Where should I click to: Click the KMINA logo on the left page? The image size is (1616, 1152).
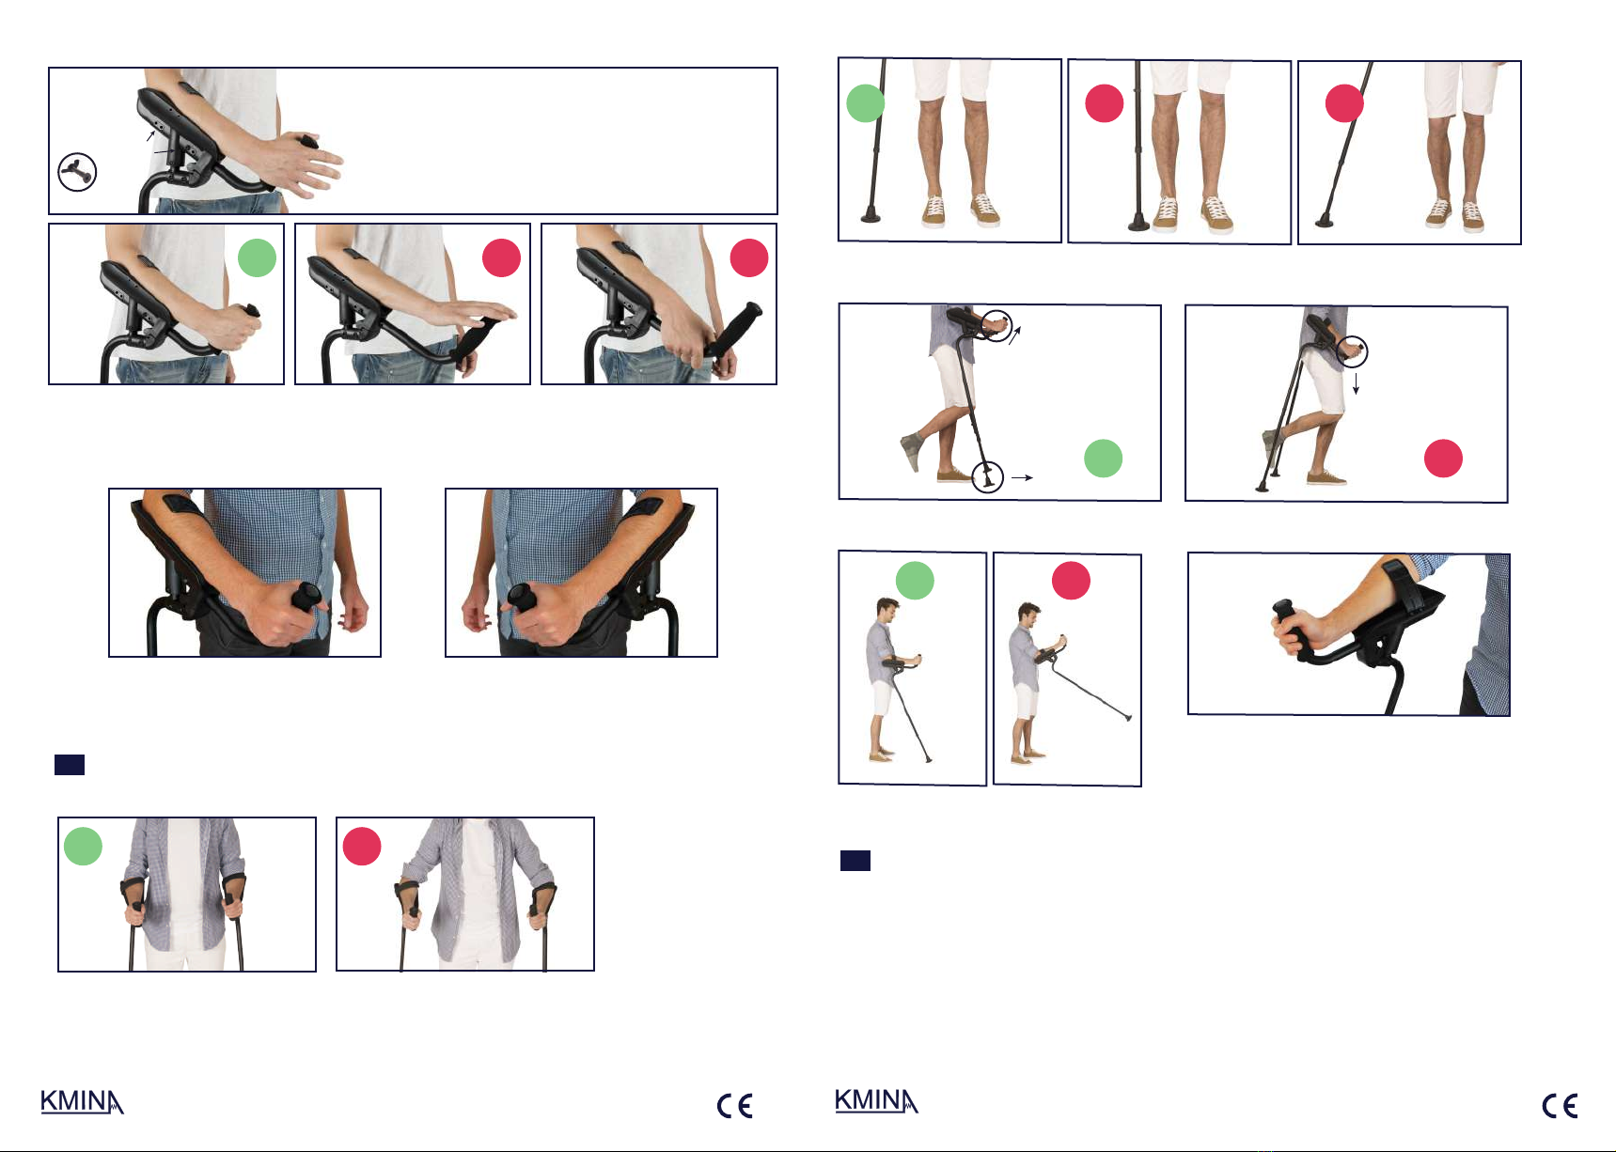(82, 1102)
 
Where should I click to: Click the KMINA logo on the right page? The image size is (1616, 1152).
(876, 1101)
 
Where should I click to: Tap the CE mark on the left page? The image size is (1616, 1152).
(734, 1106)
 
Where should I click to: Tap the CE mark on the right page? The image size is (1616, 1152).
(1560, 1106)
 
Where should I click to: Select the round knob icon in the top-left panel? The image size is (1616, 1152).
(77, 172)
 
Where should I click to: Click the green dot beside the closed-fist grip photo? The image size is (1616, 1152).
(257, 257)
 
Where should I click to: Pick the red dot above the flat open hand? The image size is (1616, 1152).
(501, 257)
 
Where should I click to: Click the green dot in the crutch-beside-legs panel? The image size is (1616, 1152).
(866, 103)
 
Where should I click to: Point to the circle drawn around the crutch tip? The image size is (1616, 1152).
(987, 475)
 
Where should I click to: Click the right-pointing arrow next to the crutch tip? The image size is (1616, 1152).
(1022, 477)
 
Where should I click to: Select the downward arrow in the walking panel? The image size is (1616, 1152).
(1356, 382)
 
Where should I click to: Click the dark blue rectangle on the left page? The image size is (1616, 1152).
(70, 764)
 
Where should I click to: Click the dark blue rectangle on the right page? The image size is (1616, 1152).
(855, 860)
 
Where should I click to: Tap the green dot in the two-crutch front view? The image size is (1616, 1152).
(83, 846)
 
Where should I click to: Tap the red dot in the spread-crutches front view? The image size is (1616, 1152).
(361, 846)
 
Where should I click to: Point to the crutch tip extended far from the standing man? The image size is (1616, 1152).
(1128, 719)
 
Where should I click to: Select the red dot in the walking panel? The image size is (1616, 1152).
(1443, 459)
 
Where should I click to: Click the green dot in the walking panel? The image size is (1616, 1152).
(1103, 458)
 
